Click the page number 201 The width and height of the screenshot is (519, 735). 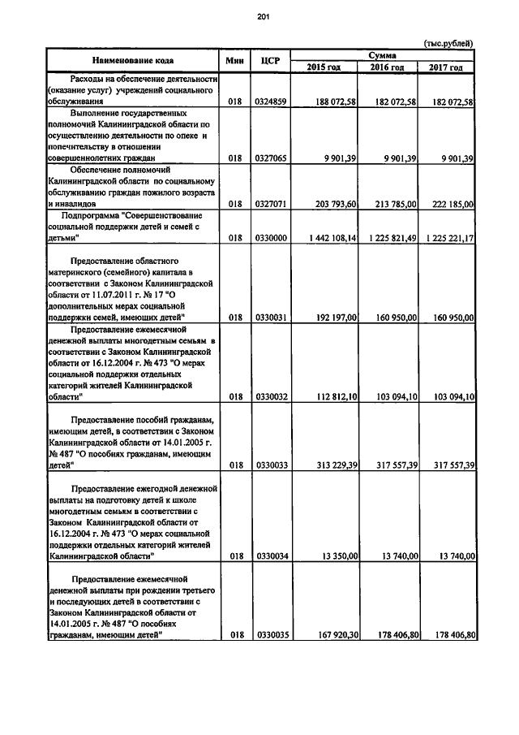coord(264,16)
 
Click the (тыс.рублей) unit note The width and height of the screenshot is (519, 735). coord(448,43)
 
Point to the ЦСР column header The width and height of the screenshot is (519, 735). coord(270,60)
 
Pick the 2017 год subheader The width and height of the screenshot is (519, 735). coord(445,67)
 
